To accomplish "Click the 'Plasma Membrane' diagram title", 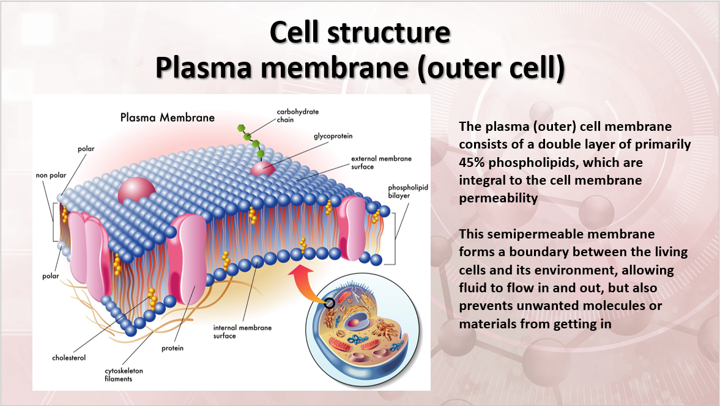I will [x=167, y=117].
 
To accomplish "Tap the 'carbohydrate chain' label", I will [x=297, y=116].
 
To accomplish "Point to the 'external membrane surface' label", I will [x=380, y=163].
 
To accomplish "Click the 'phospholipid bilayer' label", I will [x=407, y=191].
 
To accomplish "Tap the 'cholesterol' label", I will [x=69, y=357].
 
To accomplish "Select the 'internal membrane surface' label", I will [x=242, y=331].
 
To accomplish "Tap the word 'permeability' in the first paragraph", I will [x=497, y=198].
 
